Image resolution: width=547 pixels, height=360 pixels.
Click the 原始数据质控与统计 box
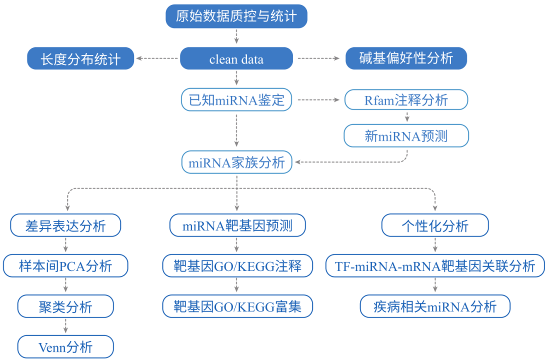click(x=236, y=16)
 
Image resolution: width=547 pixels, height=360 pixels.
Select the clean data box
click(x=236, y=59)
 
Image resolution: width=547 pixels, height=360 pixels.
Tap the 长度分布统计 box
click(x=80, y=59)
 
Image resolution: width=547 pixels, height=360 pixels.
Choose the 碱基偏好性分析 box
click(x=406, y=58)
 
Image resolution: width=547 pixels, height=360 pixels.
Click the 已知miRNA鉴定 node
click(x=236, y=100)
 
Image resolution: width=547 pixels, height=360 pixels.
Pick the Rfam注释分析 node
click(x=406, y=100)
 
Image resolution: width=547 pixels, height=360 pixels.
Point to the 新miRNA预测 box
click(x=406, y=135)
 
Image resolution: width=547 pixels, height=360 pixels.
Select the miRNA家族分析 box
click(x=236, y=162)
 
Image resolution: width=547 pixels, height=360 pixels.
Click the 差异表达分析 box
click(x=65, y=225)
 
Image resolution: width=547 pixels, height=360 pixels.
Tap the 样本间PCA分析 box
click(x=65, y=266)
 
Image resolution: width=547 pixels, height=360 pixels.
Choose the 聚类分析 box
click(x=65, y=306)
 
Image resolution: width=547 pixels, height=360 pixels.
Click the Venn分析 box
click(x=65, y=346)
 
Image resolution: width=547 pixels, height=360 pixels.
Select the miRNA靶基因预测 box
click(x=237, y=225)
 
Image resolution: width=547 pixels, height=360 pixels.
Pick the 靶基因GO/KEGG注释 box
click(x=237, y=266)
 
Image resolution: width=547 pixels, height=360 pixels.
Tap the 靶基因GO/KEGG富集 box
click(x=237, y=306)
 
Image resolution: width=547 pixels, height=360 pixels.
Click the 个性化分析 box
click(x=435, y=225)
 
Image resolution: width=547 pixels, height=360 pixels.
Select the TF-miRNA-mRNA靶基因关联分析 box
click(x=435, y=266)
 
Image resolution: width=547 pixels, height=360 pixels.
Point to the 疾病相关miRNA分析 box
click(x=435, y=306)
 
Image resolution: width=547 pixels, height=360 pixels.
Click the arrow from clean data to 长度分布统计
click(x=157, y=58)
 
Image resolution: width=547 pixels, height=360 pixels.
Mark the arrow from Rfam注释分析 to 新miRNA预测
click(x=406, y=117)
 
